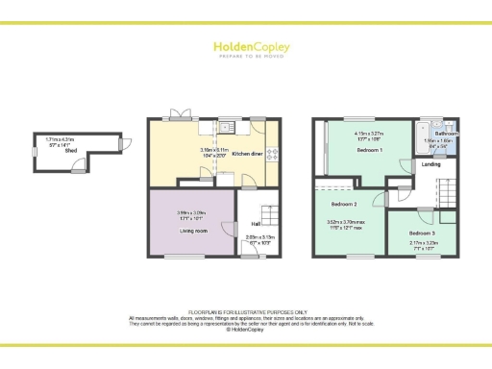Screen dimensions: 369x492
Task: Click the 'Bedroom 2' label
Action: point(345,205)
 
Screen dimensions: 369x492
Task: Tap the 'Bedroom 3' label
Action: point(421,234)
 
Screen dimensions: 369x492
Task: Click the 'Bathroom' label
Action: point(447,134)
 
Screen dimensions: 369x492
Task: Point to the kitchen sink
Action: point(227,126)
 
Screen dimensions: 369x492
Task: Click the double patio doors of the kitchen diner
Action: point(179,116)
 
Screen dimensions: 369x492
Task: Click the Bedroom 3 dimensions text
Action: point(420,246)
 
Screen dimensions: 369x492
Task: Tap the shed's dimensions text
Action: point(60,142)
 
